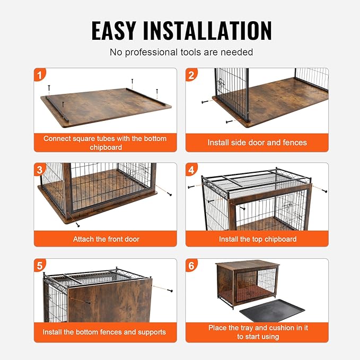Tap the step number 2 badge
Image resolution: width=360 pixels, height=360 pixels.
[x=192, y=75]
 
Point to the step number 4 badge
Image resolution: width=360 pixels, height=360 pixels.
[x=192, y=170]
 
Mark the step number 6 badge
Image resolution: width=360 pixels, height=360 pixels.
[x=192, y=266]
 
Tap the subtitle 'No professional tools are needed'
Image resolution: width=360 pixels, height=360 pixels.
[x=181, y=52]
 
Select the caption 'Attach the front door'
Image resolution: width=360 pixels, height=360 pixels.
[x=106, y=239]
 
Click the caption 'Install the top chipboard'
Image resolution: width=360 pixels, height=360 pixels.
[x=258, y=239]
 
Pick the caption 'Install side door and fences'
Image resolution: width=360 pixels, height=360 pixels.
[x=257, y=143]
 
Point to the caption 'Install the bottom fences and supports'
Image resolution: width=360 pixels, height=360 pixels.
[x=104, y=332]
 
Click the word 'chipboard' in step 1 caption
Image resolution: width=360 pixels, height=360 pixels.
[x=106, y=147]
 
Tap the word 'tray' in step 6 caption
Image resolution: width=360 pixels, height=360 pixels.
[x=251, y=328]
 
